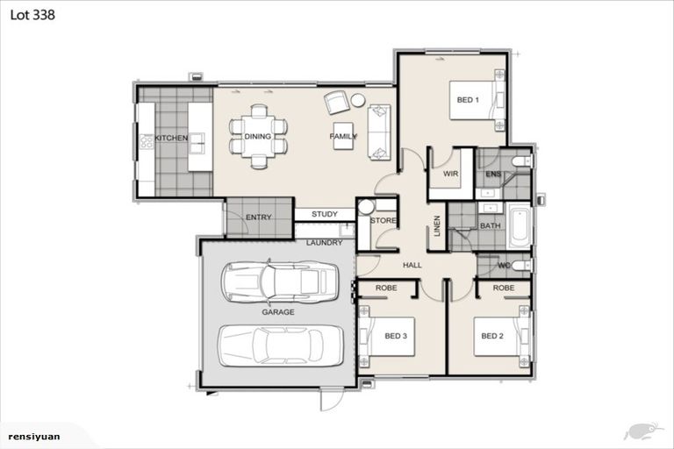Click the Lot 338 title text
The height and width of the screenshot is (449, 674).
click(x=32, y=15)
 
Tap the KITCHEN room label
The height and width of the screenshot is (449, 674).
click(x=171, y=138)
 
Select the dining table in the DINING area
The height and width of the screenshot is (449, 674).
click(x=258, y=137)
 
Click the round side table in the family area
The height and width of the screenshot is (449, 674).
click(x=358, y=100)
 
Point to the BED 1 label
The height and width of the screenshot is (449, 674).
click(x=468, y=100)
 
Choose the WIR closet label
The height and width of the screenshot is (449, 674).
click(x=450, y=174)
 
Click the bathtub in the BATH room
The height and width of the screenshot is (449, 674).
click(x=520, y=226)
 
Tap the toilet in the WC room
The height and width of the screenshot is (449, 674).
click(x=522, y=266)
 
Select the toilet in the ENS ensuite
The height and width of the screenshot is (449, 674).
click(x=522, y=161)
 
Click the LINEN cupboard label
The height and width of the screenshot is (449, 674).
click(x=437, y=226)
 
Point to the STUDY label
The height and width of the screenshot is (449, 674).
click(x=325, y=214)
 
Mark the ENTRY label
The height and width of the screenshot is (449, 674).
click(x=258, y=217)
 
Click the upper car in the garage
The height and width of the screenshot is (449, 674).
click(x=279, y=282)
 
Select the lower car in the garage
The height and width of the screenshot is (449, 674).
click(x=281, y=346)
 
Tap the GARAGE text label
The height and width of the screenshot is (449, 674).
click(x=278, y=312)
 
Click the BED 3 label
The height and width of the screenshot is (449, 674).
click(x=396, y=336)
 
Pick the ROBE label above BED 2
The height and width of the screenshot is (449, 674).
click(x=504, y=288)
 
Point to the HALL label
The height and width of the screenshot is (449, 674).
click(x=412, y=266)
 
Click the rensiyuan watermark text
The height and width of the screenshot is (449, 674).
click(x=34, y=437)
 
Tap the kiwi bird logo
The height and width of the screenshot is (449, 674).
click(x=642, y=431)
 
